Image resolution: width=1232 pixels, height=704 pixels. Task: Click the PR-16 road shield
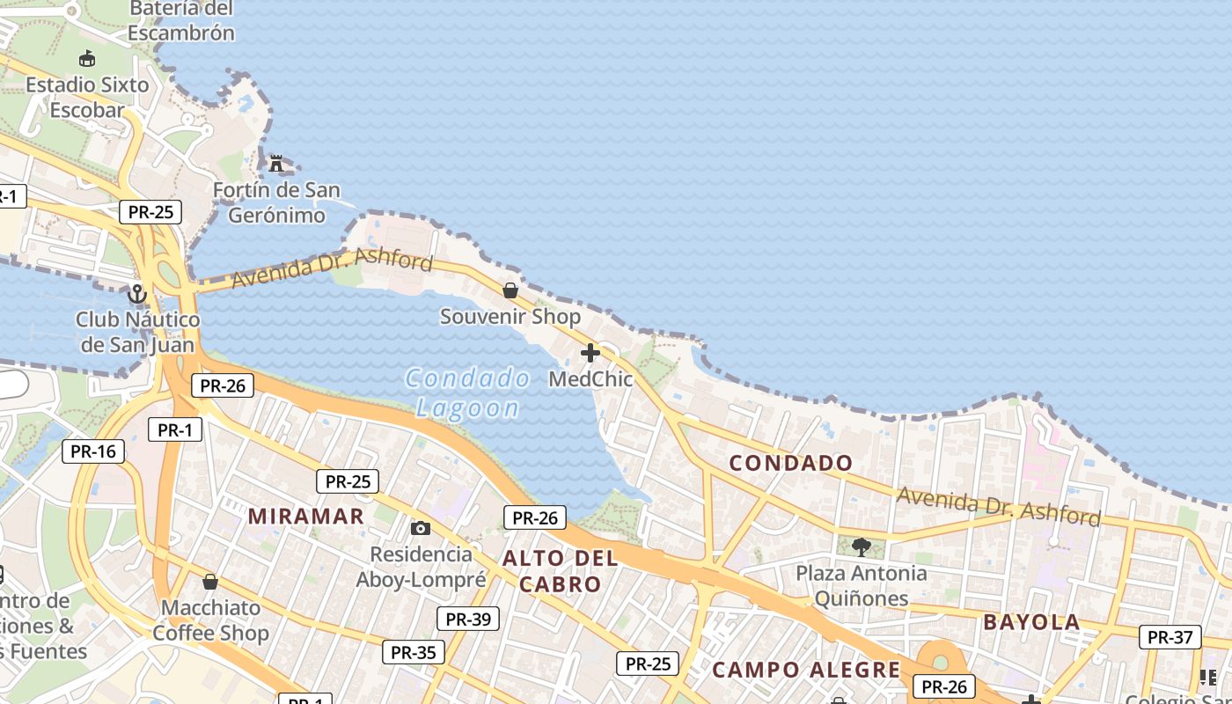point(93,451)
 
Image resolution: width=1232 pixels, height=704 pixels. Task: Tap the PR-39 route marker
point(468,619)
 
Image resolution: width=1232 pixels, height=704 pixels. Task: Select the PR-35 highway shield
point(414,652)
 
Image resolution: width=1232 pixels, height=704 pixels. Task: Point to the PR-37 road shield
point(1170,637)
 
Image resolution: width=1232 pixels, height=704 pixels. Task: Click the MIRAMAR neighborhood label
point(306,517)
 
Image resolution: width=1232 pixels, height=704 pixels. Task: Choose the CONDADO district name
point(791,463)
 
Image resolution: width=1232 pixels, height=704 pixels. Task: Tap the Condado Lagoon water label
point(468,393)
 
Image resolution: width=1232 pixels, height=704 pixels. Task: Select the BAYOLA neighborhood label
point(1031,622)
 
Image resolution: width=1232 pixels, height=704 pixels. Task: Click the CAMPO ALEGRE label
point(806,670)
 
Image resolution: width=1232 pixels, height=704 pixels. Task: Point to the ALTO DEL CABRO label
point(560,570)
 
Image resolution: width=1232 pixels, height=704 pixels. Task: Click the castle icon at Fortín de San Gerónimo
point(276,163)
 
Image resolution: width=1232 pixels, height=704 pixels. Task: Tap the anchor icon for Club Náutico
point(136,293)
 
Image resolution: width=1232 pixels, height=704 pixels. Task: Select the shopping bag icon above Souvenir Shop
point(510,290)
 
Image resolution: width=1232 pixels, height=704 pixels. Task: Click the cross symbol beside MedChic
point(590,353)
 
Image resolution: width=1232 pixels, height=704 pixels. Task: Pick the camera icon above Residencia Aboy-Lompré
point(421,528)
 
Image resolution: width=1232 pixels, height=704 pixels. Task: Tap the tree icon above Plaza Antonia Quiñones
point(861,546)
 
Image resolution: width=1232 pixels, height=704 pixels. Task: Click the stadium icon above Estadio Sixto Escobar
point(86,59)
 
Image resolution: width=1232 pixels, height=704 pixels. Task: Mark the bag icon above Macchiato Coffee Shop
point(209,582)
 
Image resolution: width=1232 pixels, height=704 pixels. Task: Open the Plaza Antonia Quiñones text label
point(861,586)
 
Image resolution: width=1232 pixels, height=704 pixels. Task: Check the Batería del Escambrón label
point(181,21)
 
